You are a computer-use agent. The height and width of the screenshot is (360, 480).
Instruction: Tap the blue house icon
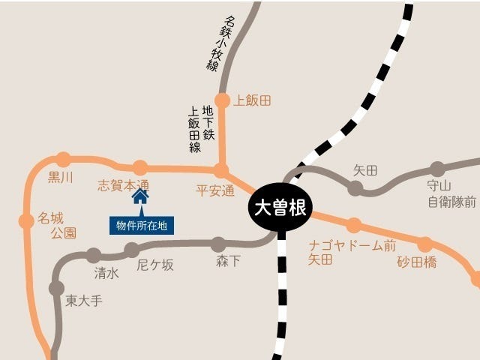tap(140, 196)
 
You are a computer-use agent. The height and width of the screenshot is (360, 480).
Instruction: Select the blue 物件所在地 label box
tap(141, 225)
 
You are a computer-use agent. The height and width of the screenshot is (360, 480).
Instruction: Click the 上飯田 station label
tap(252, 100)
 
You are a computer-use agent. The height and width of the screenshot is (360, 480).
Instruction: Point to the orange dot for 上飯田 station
tap(222, 100)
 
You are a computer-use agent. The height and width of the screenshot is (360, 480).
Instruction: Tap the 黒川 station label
tap(61, 178)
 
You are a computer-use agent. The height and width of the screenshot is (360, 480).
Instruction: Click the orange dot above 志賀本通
tap(140, 167)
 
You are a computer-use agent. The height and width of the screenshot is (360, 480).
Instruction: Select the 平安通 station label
tap(215, 190)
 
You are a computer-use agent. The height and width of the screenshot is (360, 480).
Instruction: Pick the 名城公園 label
tap(57, 226)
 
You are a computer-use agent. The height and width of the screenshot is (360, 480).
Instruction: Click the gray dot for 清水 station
tap(94, 256)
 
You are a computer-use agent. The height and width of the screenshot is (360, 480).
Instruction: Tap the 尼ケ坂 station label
tap(155, 265)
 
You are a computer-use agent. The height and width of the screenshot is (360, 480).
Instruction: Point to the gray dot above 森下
tap(218, 244)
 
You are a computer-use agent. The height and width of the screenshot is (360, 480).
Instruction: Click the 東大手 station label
tap(83, 301)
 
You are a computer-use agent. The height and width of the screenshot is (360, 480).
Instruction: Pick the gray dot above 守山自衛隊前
tap(437, 169)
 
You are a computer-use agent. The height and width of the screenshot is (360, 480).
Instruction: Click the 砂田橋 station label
tap(416, 262)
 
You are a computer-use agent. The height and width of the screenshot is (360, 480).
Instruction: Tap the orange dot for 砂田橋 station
tap(425, 244)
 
